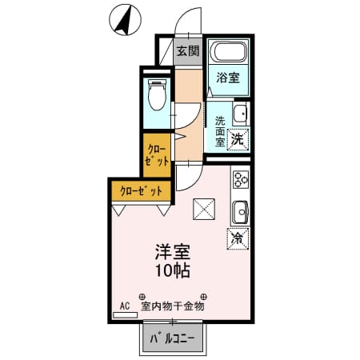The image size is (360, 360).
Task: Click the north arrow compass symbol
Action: click(125, 21)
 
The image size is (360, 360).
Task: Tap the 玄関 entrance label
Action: click(188, 50)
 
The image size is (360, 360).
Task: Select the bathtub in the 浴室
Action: click(228, 52)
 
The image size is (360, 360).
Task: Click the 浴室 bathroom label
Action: click(228, 78)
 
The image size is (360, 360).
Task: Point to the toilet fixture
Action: click(157, 94)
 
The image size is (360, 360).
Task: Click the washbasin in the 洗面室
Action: click(241, 114)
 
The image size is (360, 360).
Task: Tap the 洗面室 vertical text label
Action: click(220, 131)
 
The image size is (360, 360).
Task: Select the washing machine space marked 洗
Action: click(238, 139)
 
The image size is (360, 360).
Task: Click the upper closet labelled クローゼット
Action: click(157, 156)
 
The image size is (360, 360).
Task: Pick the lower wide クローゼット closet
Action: click(141, 191)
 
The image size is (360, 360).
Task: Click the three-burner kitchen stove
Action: click(241, 179)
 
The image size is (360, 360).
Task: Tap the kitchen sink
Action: click(241, 212)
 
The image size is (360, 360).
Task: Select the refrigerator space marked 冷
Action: click(238, 238)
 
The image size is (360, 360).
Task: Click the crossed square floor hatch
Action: click(204, 209)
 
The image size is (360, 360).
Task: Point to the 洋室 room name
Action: click(173, 251)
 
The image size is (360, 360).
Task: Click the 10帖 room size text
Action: click(173, 270)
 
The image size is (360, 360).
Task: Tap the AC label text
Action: click(125, 306)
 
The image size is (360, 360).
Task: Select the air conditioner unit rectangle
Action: click(125, 315)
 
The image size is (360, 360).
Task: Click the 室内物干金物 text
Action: click(173, 306)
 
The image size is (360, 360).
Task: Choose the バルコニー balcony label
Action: click(173, 338)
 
